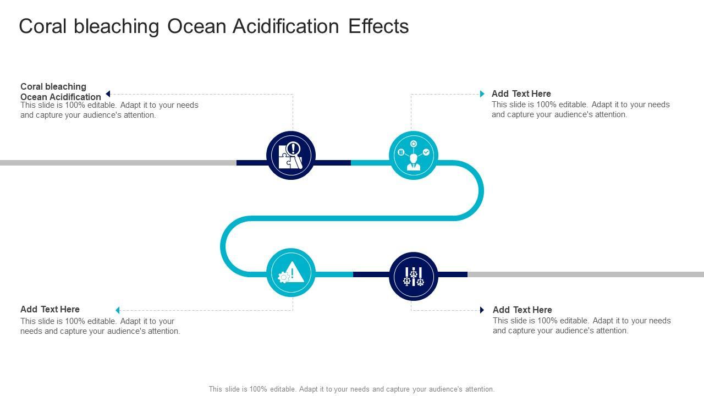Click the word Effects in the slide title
pos(378,26)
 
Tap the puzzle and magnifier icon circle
pos(291,155)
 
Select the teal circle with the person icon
pos(414,155)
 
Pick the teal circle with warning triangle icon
pos(291,273)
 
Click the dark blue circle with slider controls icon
pos(414,276)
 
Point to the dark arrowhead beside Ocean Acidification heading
pos(108,94)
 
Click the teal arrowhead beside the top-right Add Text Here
pos(482,94)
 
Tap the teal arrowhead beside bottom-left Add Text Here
pos(117,310)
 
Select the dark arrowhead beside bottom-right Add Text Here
pos(482,310)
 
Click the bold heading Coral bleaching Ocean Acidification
pos(61,91)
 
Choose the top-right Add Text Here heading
pos(521,94)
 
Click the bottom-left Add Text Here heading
pos(50,310)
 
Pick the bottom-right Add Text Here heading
pos(522,310)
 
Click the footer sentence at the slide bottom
pos(351,389)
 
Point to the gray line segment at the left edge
pos(110,163)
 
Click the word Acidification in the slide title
pos(285,26)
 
